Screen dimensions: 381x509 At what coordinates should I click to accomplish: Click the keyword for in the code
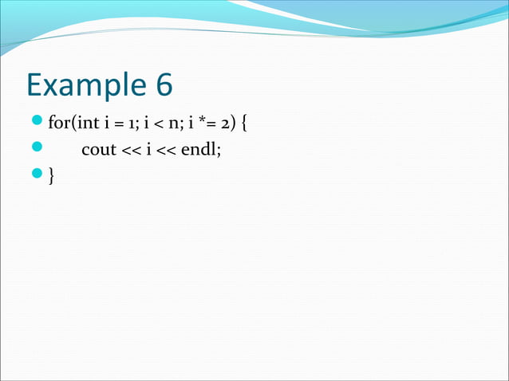58,124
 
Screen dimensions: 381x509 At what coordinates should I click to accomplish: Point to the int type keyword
85,124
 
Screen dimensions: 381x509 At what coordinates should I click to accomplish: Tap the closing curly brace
52,176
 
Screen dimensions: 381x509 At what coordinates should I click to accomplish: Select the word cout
98,151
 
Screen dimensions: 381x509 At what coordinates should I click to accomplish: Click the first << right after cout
130,151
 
